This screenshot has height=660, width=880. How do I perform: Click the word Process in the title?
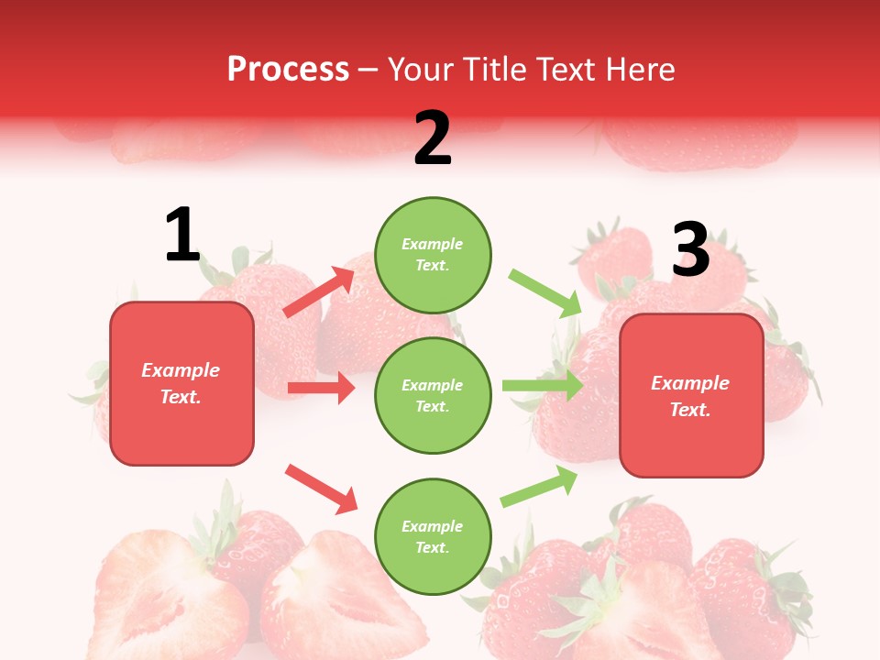coord(288,70)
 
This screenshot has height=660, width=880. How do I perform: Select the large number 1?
coord(181,236)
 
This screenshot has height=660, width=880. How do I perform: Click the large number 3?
coord(691,250)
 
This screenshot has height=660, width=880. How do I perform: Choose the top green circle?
coord(433,255)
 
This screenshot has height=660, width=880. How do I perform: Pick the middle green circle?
coord(433,396)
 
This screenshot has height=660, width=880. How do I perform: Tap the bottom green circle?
coord(433,537)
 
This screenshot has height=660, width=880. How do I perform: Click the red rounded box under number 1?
coord(181,383)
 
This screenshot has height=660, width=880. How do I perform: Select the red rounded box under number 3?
coord(691,396)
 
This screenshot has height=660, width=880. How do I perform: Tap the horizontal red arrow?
coord(321,388)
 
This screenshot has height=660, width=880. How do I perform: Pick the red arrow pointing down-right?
coord(321,489)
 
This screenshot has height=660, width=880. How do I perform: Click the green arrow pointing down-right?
coord(545,292)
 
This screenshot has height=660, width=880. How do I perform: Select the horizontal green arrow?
coord(542,385)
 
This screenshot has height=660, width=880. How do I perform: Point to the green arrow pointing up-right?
coord(539,487)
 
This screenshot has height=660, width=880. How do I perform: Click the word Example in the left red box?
coord(181,370)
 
